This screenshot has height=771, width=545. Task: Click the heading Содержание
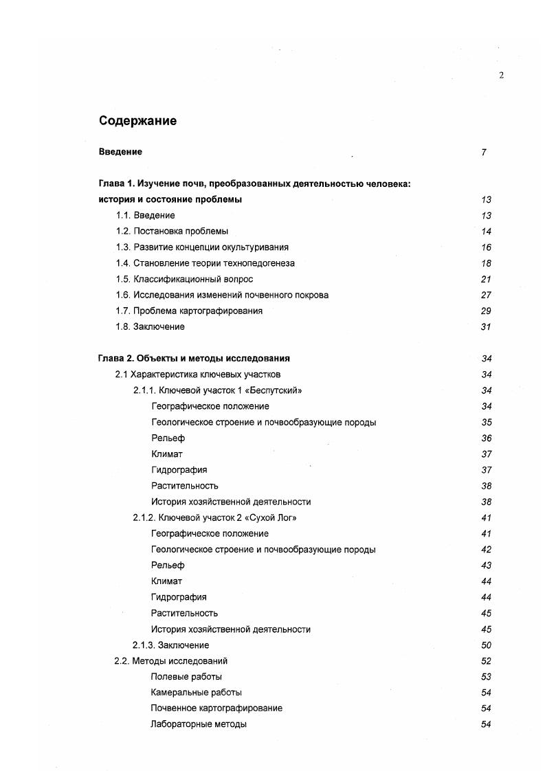[137, 121]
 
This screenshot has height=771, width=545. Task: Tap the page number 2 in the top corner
[501, 76]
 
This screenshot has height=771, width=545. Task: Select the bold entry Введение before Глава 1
[120, 152]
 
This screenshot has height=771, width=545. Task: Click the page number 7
[484, 153]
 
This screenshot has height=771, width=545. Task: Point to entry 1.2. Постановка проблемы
[172, 231]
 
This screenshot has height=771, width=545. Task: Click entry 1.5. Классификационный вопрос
[184, 279]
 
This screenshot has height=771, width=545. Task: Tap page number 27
[486, 295]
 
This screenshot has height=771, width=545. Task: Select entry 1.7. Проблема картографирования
[189, 311]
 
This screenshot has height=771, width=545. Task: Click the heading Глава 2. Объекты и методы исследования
[194, 358]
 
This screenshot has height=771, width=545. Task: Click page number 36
[486, 438]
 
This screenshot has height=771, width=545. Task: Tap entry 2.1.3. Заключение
[170, 645]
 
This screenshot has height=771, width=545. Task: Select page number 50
[486, 645]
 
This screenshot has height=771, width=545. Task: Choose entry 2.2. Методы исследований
[170, 661]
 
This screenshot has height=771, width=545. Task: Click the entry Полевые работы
[186, 677]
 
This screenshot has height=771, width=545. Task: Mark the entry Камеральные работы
[196, 693]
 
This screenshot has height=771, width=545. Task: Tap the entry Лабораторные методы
[198, 724]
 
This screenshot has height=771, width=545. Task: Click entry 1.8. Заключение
[150, 326]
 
